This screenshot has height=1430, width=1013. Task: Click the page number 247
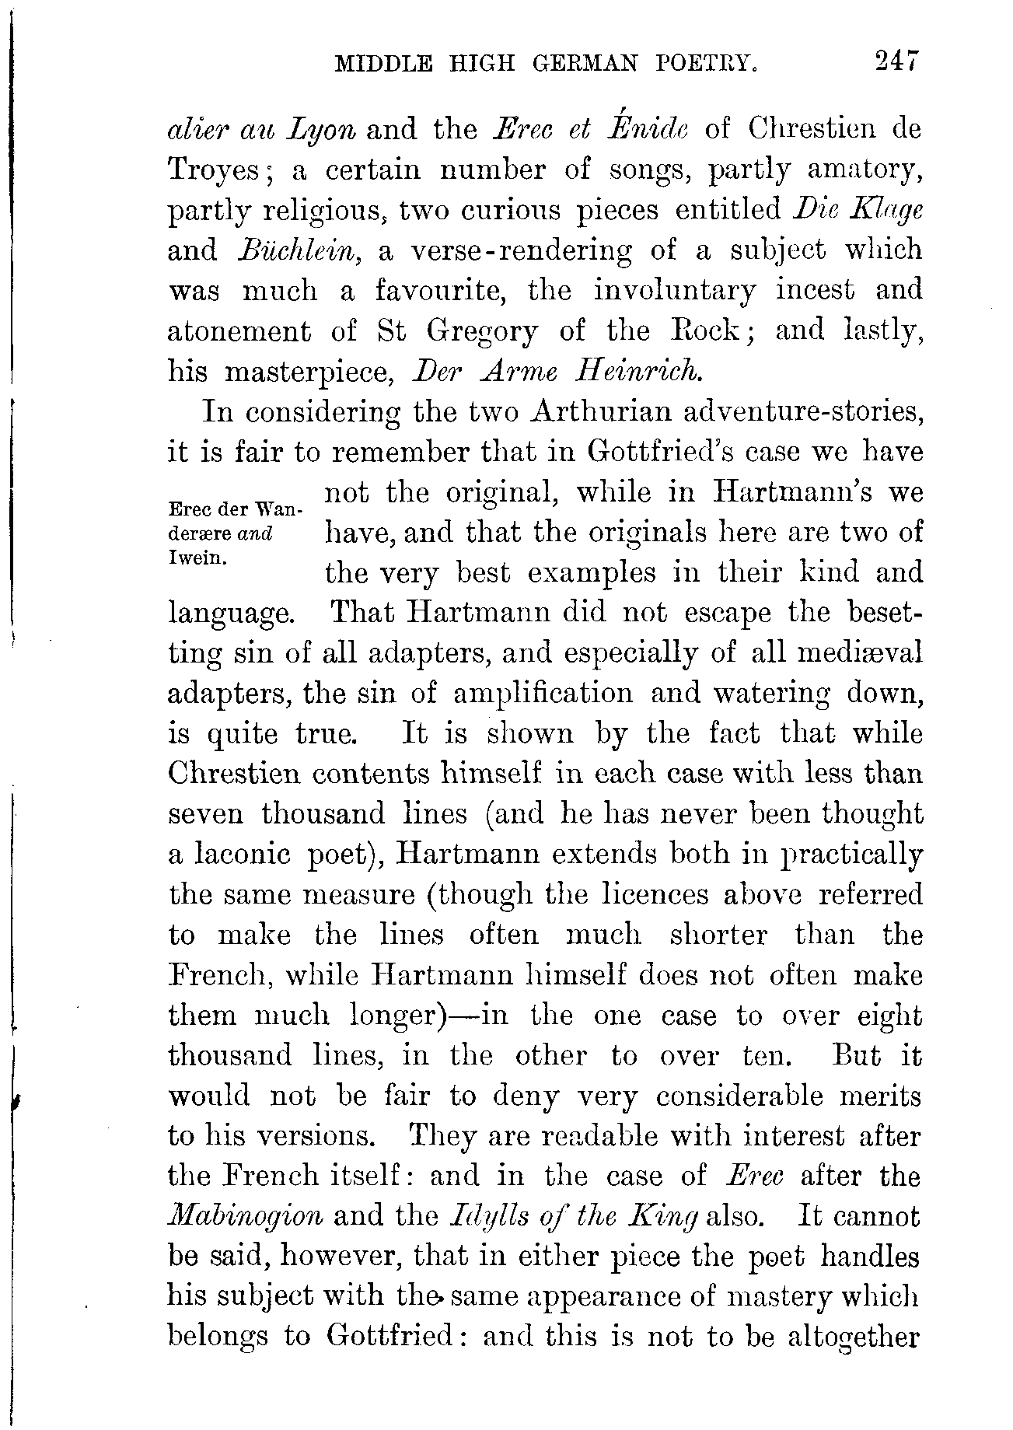[896, 61]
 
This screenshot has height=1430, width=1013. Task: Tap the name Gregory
[481, 331]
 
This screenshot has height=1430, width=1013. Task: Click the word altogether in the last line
[853, 1337]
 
